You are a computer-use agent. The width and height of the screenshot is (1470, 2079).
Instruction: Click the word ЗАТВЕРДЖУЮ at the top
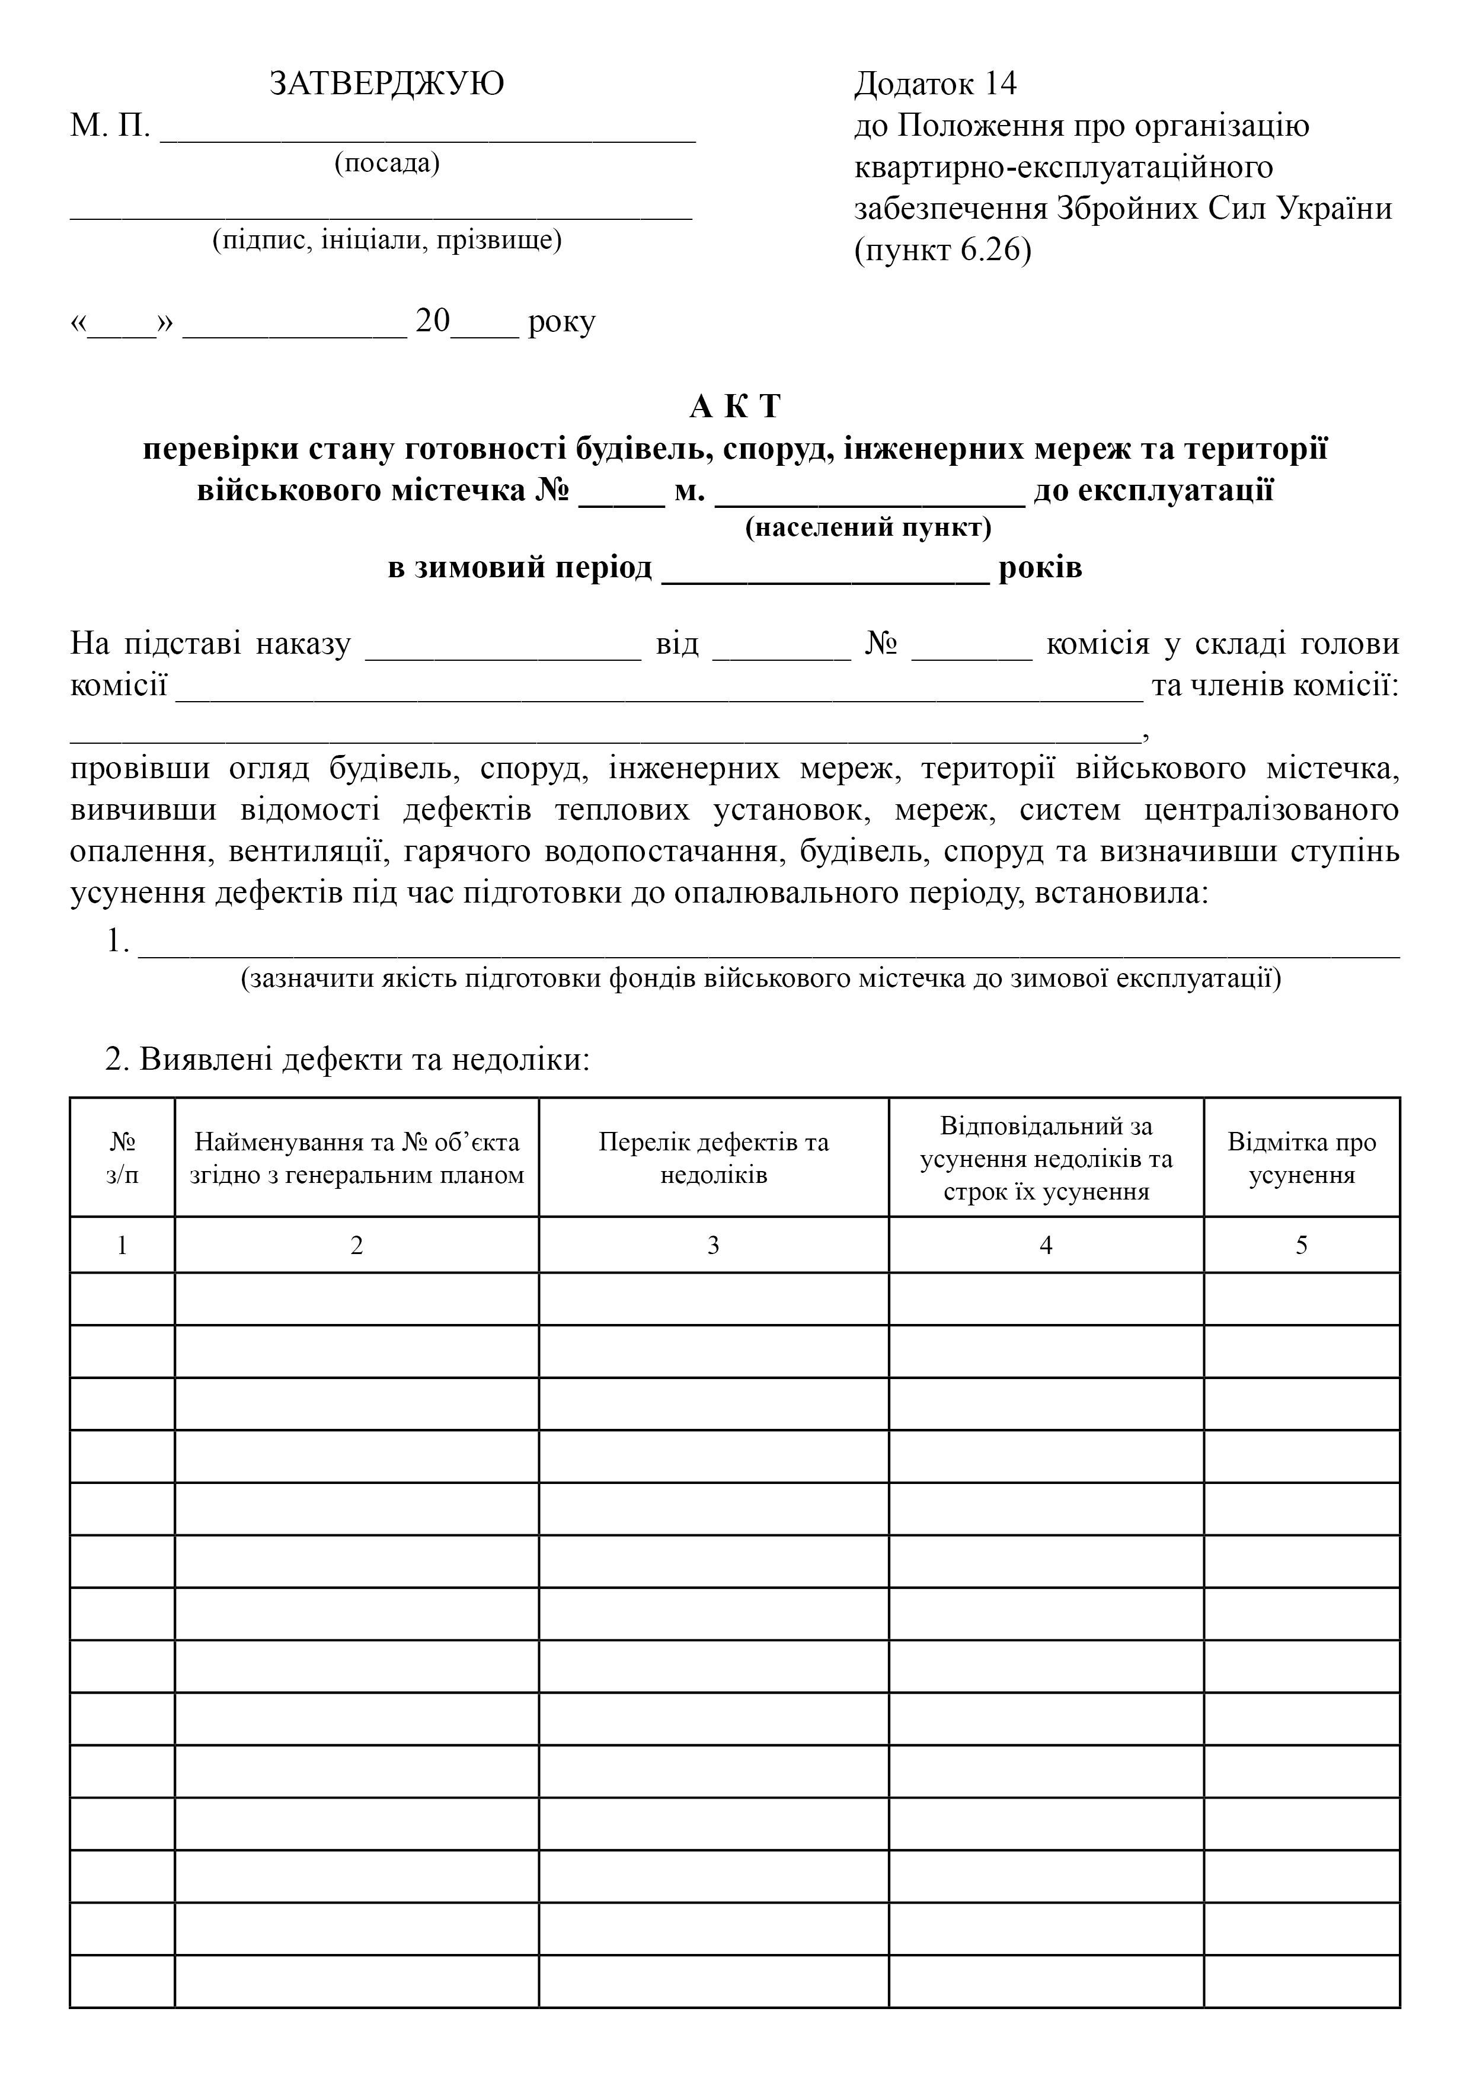point(386,84)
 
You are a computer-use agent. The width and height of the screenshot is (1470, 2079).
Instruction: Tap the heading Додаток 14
point(935,84)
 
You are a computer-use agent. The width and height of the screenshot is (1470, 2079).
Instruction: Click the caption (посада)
point(386,164)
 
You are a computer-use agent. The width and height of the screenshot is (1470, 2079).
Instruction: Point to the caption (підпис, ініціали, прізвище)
point(386,240)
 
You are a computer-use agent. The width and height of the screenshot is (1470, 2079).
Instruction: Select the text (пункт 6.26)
point(942,251)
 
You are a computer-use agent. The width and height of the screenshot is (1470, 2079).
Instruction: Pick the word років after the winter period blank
point(1040,568)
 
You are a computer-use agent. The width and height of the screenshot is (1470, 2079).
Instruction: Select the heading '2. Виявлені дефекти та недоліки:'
point(348,1058)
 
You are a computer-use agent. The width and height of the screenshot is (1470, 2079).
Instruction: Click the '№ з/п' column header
point(122,1158)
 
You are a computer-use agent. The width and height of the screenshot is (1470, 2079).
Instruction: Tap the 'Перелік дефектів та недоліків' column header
point(713,1158)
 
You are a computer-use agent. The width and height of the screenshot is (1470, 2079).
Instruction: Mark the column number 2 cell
point(356,1245)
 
